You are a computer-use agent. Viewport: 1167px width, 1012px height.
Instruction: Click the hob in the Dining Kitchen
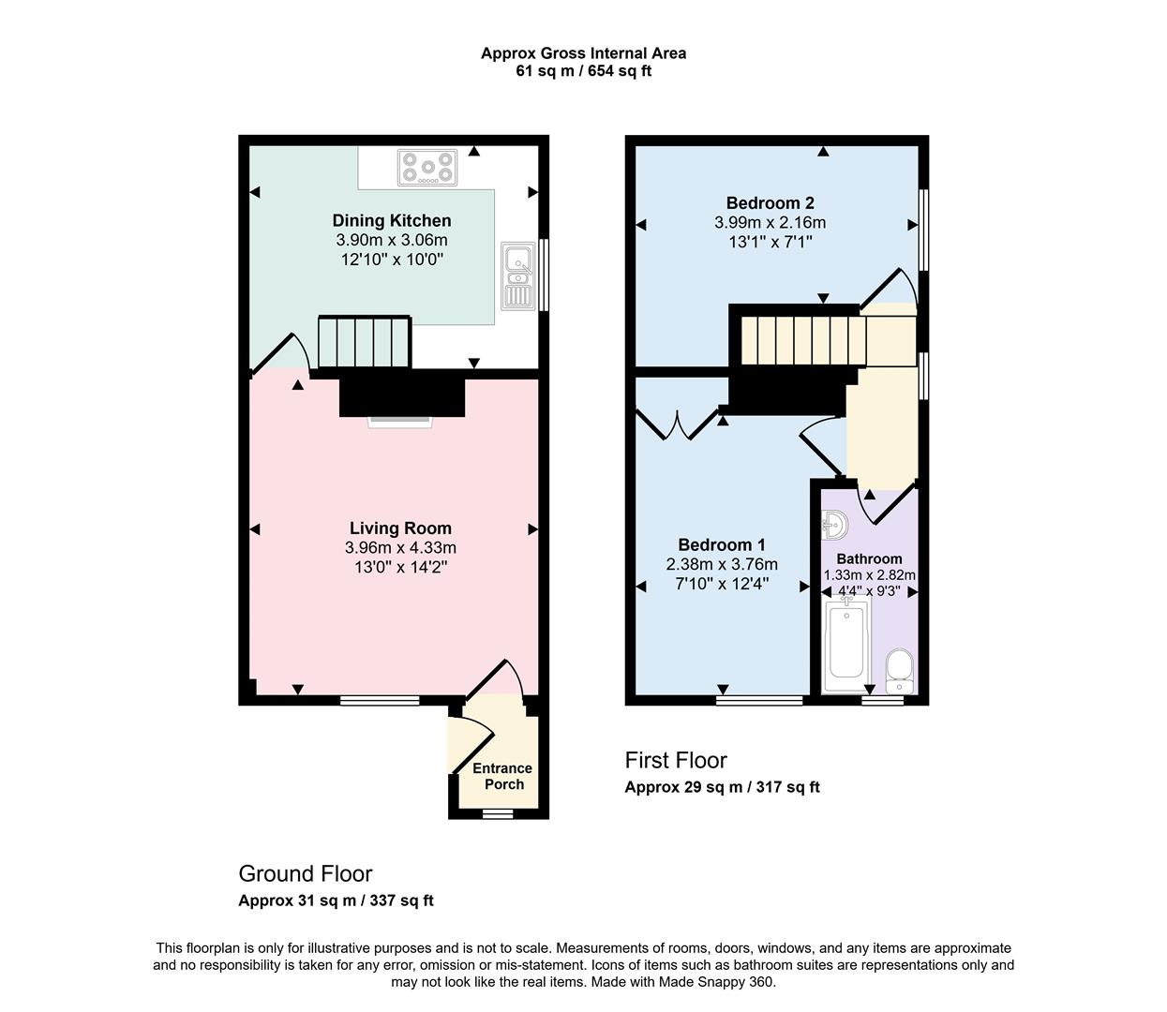428,168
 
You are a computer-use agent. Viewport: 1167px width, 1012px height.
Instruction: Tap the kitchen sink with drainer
516,275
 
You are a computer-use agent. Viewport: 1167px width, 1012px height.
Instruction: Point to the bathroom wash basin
833,523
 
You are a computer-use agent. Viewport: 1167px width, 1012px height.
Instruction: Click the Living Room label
400,528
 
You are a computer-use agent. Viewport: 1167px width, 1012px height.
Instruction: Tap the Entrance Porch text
502,776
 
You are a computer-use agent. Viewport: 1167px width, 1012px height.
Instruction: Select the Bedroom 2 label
770,202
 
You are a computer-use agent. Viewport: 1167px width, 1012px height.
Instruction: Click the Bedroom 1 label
722,544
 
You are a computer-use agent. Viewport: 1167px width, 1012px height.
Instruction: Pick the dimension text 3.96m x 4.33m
400,548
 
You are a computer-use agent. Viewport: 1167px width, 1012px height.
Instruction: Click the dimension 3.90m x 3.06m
392,240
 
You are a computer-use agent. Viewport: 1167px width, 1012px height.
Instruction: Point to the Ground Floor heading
306,873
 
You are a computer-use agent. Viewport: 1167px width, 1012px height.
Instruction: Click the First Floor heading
676,760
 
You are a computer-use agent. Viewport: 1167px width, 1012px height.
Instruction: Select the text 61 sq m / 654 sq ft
583,70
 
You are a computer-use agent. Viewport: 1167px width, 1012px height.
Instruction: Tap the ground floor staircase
365,343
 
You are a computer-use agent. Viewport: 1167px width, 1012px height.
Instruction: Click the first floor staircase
802,340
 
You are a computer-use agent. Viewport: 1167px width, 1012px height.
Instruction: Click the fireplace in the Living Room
401,421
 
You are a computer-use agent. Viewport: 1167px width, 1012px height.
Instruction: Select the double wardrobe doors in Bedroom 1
674,424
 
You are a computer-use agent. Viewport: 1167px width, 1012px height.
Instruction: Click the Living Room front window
380,700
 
